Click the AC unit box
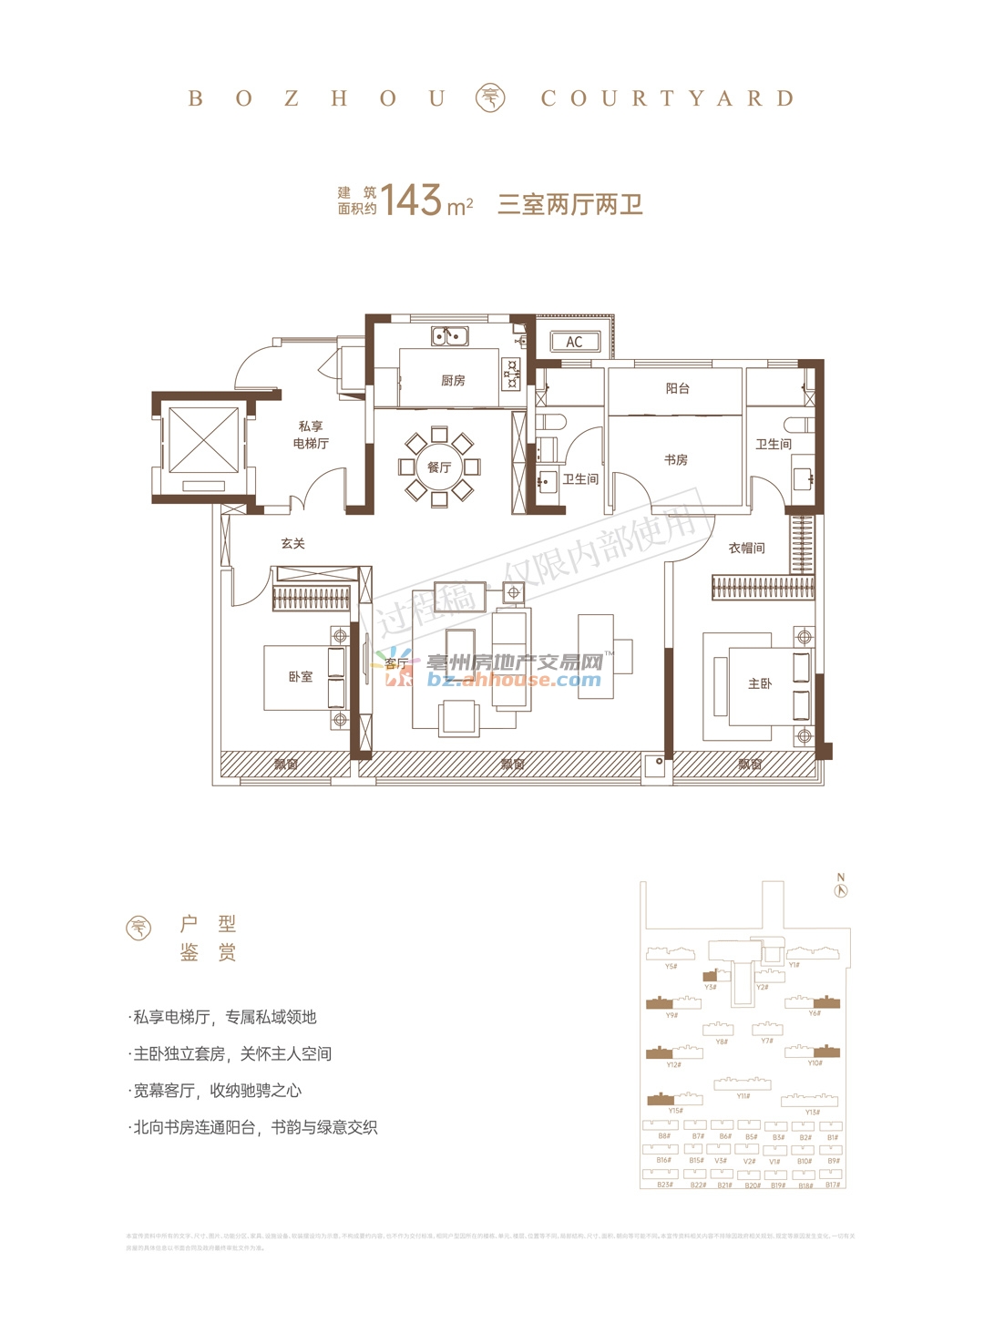click(x=575, y=342)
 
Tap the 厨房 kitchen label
click(x=453, y=381)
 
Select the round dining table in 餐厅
click(x=439, y=467)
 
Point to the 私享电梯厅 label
click(x=311, y=435)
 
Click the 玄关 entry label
click(x=293, y=544)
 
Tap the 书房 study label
click(x=676, y=460)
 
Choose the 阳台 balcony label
click(x=678, y=388)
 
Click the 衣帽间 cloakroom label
click(x=747, y=548)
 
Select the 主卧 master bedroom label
click(x=760, y=683)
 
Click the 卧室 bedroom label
click(x=301, y=677)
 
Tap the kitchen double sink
click(x=449, y=337)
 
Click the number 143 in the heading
click(x=412, y=200)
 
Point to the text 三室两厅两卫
click(x=570, y=204)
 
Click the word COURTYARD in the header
click(x=668, y=98)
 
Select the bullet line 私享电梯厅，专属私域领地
click(x=226, y=1017)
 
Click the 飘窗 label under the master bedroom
click(x=750, y=764)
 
